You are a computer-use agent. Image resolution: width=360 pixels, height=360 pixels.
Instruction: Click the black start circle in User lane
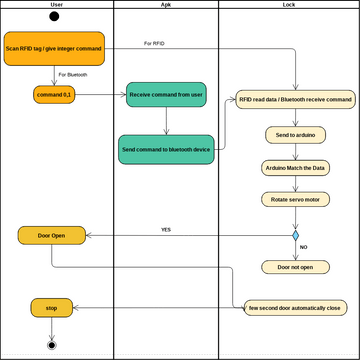53,17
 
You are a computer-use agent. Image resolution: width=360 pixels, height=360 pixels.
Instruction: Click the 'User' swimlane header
56,5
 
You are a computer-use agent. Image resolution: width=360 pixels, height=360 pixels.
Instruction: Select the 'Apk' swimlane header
165,5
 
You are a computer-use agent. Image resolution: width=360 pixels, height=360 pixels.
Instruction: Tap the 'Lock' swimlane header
288,5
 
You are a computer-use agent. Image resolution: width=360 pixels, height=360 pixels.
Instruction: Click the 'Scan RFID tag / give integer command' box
53,48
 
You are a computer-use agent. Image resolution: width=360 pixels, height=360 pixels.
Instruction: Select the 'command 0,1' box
53,94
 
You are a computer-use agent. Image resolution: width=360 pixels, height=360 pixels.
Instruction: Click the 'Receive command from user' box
166,95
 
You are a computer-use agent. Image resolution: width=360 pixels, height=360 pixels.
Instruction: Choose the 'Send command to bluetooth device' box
166,149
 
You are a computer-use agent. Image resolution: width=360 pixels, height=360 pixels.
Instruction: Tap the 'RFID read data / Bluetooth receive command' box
295,101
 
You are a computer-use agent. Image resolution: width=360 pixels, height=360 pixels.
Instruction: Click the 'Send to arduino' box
295,134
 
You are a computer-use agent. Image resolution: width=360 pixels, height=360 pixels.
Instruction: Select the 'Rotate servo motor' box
295,200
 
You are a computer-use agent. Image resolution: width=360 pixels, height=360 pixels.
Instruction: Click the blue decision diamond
295,236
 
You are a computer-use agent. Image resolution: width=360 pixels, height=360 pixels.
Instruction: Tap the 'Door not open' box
295,267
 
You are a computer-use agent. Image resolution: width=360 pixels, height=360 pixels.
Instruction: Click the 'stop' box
51,308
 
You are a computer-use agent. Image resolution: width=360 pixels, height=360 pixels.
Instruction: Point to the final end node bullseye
52,345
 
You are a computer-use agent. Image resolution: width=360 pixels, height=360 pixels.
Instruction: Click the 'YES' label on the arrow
166,229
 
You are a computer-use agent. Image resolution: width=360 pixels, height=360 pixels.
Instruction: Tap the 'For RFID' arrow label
155,43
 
